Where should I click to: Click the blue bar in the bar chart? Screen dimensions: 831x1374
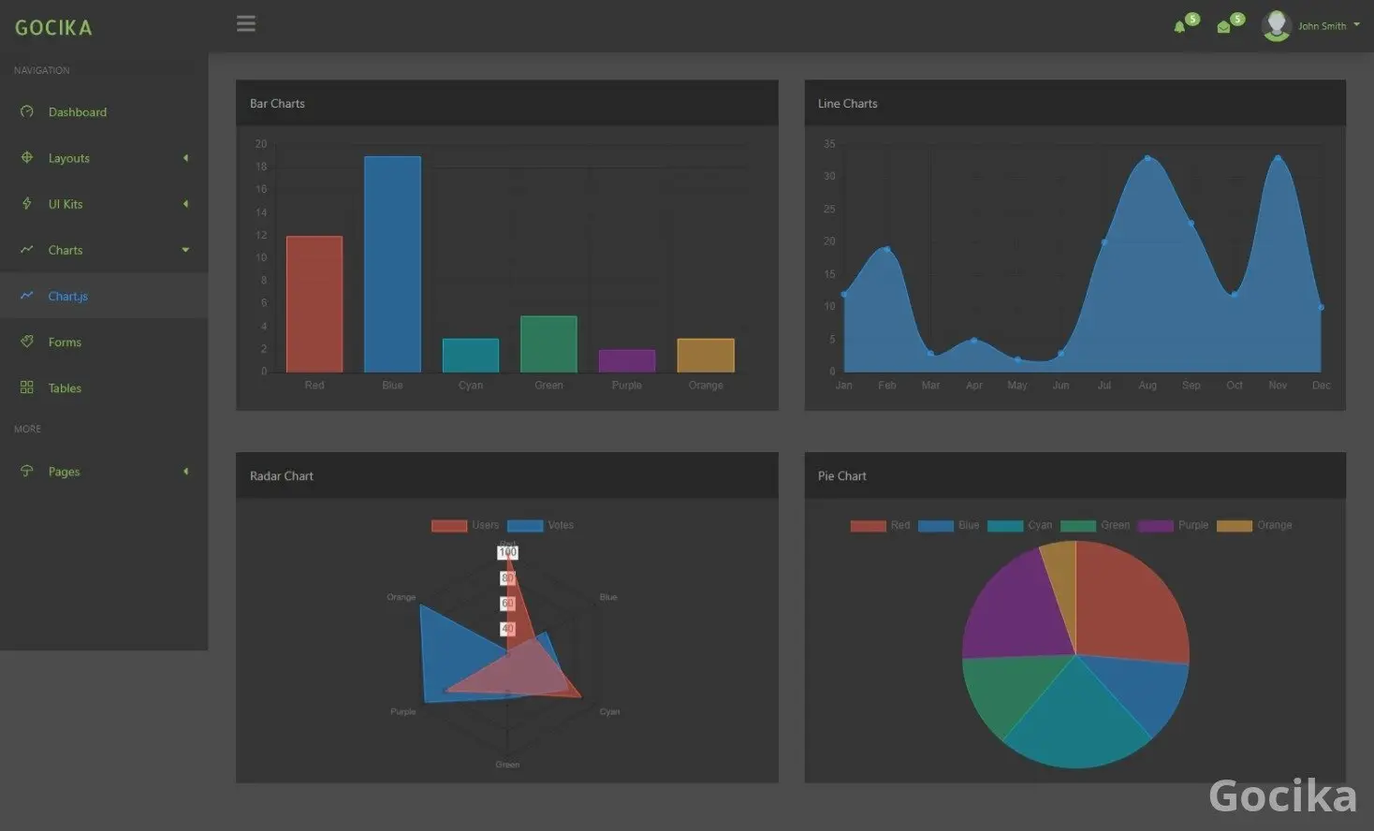[392, 264]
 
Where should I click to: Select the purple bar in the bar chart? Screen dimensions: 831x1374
[627, 360]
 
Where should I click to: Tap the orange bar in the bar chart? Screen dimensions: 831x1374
[706, 355]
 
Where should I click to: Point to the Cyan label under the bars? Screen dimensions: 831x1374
[471, 386]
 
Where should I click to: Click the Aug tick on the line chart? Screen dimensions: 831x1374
[1147, 386]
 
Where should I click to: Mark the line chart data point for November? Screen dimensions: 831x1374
[1278, 158]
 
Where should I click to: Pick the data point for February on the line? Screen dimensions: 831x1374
[887, 249]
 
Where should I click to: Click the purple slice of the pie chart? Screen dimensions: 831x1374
[1016, 604]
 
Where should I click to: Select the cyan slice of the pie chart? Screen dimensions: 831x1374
[1076, 721]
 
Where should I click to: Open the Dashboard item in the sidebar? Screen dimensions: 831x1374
[77, 112]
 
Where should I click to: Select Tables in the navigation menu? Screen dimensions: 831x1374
[65, 388]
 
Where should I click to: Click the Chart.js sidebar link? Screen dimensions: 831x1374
[67, 297]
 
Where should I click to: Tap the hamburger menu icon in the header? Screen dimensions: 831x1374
[246, 24]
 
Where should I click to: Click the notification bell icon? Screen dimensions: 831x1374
[1179, 27]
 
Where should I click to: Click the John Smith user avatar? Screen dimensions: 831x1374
[1276, 25]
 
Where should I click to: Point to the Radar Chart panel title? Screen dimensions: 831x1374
[282, 476]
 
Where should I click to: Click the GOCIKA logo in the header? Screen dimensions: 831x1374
[53, 28]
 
